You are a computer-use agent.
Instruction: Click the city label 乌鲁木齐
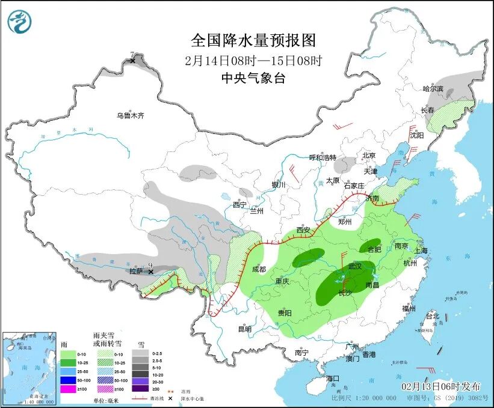(131, 115)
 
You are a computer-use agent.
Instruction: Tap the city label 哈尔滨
(433, 89)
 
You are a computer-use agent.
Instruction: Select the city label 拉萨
(137, 271)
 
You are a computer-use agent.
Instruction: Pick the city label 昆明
(245, 329)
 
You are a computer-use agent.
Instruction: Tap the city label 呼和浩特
(323, 157)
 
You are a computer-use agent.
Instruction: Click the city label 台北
(432, 315)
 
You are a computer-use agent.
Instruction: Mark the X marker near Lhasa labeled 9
(152, 272)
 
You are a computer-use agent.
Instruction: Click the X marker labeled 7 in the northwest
(132, 61)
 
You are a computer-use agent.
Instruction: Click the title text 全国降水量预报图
(253, 40)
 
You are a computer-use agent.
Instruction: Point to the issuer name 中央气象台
(253, 78)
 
